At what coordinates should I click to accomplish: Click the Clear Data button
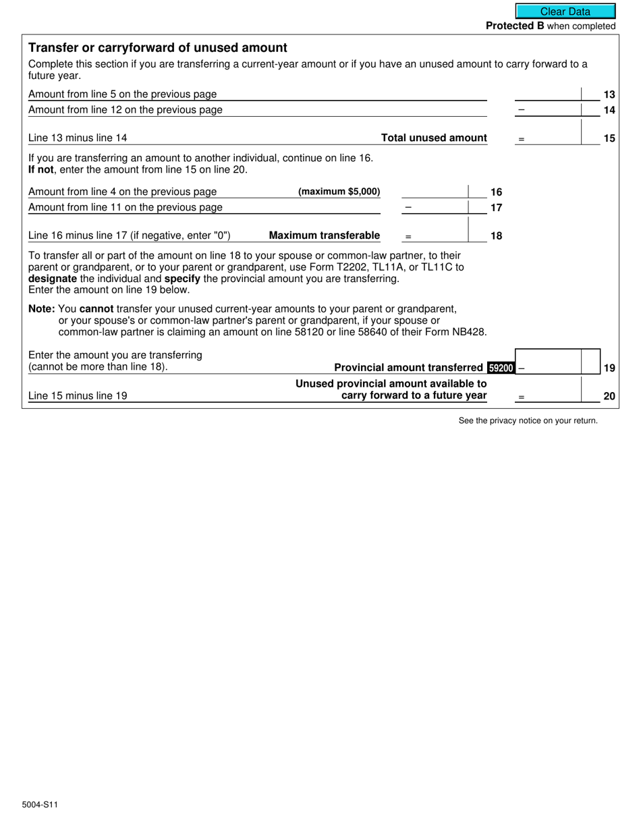coord(565,11)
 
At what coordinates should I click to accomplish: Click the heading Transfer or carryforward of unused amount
coord(157,48)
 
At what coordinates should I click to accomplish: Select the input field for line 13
coord(548,94)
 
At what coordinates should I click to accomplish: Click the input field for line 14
coord(548,109)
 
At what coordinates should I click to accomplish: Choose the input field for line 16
coord(435,192)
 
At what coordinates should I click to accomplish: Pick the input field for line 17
coord(435,207)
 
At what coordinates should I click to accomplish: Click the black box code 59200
coord(500,368)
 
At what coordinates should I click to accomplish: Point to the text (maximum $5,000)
coord(339,192)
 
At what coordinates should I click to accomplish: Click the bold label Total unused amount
coord(434,138)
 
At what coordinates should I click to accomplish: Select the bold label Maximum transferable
coord(325,236)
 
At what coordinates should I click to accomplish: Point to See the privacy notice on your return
coord(528,420)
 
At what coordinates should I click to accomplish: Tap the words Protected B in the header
coord(515,26)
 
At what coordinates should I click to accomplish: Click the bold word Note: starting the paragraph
coord(42,309)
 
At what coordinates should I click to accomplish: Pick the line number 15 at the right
coord(609,138)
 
